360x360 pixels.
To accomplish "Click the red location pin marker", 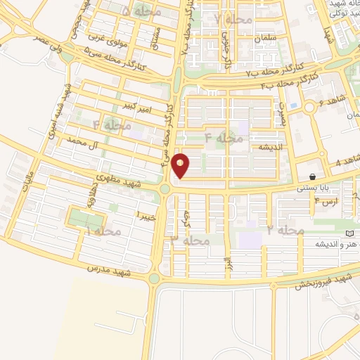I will [181, 166].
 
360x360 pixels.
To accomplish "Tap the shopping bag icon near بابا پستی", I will [311, 176].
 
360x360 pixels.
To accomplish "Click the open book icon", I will [349, 232].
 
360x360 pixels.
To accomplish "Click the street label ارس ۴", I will [326, 200].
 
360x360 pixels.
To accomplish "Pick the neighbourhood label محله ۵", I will [141, 13].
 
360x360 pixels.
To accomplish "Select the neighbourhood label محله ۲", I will [285, 230].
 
